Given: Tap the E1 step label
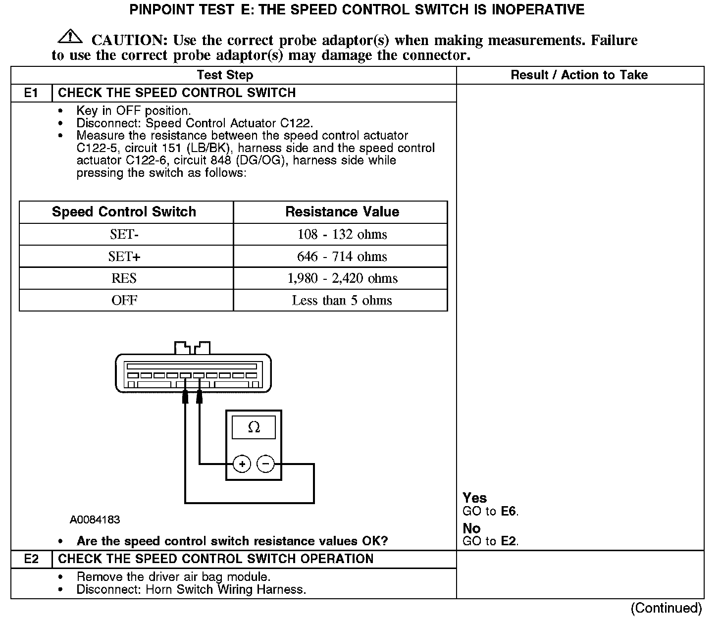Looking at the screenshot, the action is (x=31, y=93).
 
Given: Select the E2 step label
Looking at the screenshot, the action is (x=31, y=559).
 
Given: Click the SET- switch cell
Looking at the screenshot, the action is (x=124, y=234).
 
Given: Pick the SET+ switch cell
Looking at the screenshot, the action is (x=124, y=257).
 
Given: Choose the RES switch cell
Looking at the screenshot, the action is (x=124, y=278).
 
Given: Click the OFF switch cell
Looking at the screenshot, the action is (x=124, y=300).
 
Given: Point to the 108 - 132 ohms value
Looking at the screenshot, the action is (x=342, y=234).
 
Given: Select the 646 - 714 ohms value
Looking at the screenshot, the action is (x=342, y=257).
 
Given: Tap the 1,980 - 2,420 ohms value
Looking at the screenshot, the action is (x=342, y=278).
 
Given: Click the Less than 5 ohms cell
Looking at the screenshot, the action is (x=342, y=300).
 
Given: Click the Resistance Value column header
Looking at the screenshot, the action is (x=342, y=212).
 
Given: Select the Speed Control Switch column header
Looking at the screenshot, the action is (x=124, y=212).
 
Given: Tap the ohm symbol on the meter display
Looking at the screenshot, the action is (x=254, y=427).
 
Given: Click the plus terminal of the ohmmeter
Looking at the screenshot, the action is (x=242, y=464).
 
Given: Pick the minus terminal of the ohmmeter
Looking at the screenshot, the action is (x=266, y=464).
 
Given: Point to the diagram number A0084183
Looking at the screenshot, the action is (x=95, y=519).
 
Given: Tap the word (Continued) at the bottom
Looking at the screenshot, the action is (x=667, y=608).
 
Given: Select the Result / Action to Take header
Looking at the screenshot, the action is (x=579, y=75).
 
